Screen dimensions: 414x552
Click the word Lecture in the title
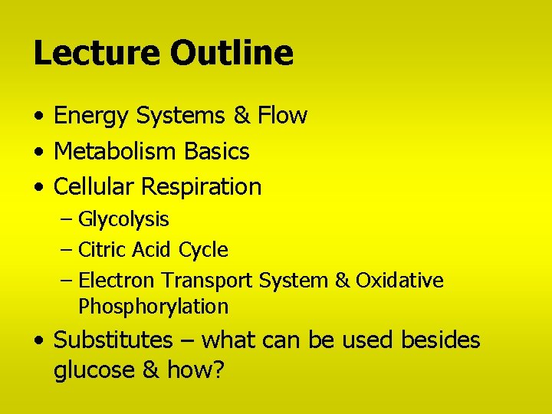point(97,53)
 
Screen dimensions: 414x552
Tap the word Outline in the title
point(232,53)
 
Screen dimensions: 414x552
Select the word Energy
point(90,117)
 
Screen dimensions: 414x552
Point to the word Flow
point(282,116)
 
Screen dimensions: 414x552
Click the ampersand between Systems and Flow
point(242,116)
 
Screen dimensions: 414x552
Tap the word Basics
point(216,152)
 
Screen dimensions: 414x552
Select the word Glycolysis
point(123,220)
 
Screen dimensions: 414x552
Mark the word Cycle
point(203,251)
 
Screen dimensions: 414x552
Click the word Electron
point(117,281)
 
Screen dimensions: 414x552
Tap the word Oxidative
point(399,281)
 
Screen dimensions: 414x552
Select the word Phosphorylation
point(153,307)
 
